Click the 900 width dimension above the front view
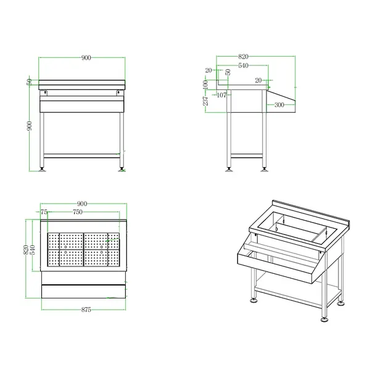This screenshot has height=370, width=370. point(86,57)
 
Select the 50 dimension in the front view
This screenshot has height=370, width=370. point(29,82)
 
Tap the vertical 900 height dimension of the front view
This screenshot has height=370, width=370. point(29,126)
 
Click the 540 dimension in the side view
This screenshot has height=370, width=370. point(243,64)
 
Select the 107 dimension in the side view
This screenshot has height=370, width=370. point(223,94)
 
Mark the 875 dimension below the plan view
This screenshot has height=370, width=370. point(86,310)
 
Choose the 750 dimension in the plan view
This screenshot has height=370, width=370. point(78,212)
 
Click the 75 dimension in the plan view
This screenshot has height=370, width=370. point(44,212)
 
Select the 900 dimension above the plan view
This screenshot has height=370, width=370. point(82,204)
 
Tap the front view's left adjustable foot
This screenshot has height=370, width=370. point(43,166)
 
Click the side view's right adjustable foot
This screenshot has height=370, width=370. point(266,166)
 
